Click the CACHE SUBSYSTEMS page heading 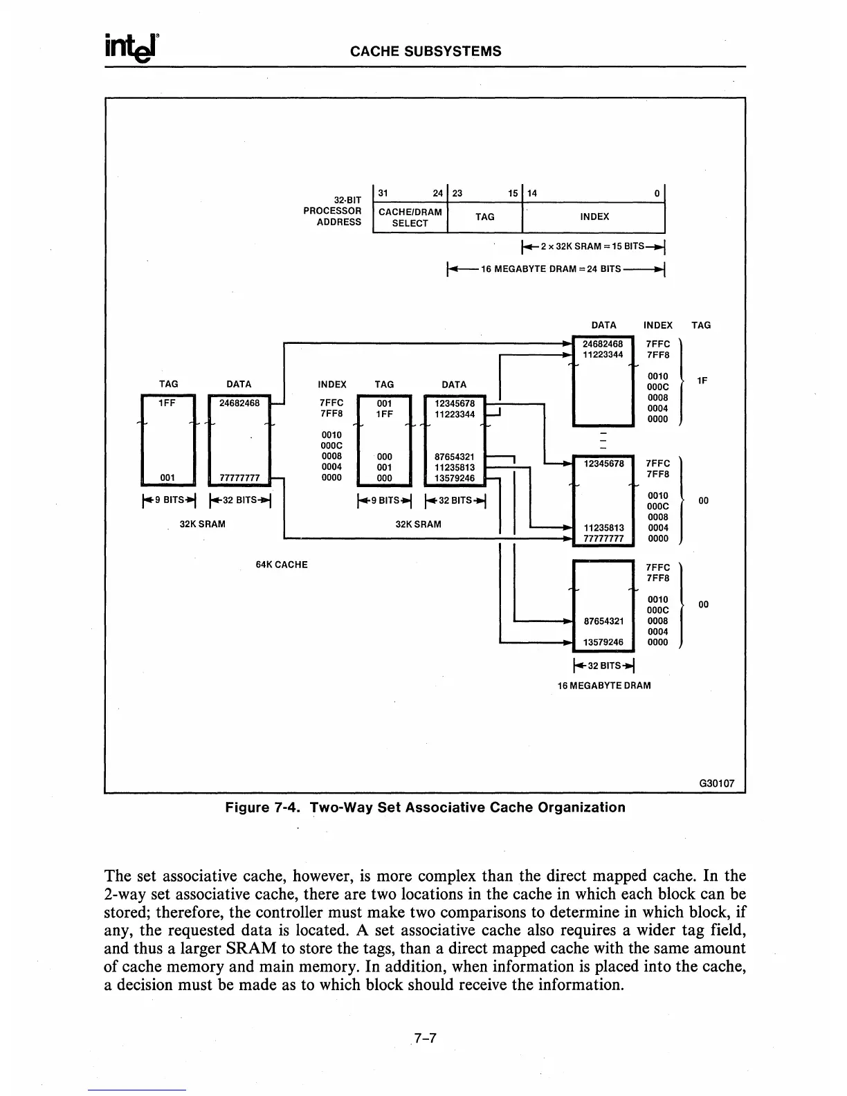[x=426, y=51]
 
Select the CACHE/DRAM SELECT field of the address [x=410, y=217]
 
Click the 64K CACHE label [x=282, y=565]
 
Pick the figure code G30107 [x=717, y=784]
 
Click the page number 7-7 [x=423, y=1039]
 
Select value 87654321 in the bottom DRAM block [x=603, y=621]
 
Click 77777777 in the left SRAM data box [x=239, y=477]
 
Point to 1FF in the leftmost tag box [x=169, y=403]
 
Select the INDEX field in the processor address [x=594, y=217]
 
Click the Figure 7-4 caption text [x=426, y=807]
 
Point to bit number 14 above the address [x=534, y=194]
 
